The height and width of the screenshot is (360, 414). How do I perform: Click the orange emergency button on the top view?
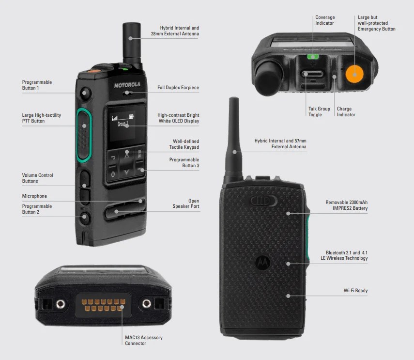pos(355,74)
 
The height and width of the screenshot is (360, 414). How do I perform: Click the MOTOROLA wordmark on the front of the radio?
pos(127,85)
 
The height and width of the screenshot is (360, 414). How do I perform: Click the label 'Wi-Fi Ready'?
pos(355,291)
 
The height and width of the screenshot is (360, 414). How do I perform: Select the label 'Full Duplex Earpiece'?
pos(178,88)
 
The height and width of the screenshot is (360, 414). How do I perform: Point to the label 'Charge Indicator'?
pos(346,112)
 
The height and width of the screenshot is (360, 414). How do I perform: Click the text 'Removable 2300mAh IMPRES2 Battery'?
pos(346,205)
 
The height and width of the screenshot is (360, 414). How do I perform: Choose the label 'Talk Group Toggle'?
pos(319,112)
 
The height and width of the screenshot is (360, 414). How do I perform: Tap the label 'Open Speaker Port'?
pos(186,203)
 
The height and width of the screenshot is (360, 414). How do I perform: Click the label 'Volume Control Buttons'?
pos(38,178)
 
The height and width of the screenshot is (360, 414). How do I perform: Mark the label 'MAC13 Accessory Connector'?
pos(144,340)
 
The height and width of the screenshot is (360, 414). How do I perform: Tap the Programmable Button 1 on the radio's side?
pos(85,93)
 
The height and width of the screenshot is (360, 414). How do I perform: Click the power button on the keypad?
pos(113,174)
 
